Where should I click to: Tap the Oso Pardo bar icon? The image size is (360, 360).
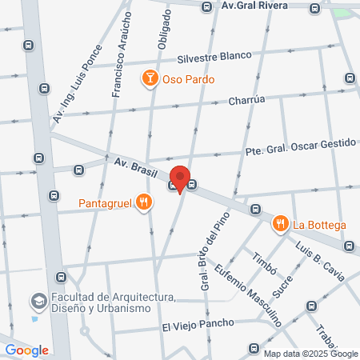pyautogui.click(x=149, y=78)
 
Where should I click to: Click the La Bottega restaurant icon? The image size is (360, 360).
pyautogui.click(x=280, y=224)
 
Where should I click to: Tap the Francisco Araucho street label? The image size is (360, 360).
pyautogui.click(x=122, y=60)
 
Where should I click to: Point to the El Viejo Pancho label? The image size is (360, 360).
pyautogui.click(x=198, y=325)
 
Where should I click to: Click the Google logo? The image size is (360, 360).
pyautogui.click(x=26, y=350)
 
